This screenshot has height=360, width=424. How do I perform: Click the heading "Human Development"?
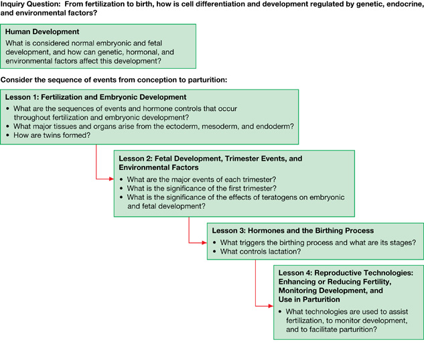42,31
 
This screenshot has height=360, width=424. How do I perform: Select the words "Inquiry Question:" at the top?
30,4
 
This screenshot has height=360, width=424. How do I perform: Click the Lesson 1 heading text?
96,97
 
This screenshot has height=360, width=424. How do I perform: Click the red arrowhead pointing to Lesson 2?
111,179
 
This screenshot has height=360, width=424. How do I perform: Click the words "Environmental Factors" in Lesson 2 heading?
159,167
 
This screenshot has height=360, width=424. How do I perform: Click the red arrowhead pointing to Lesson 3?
204,242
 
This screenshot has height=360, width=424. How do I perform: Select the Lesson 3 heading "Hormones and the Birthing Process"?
311,231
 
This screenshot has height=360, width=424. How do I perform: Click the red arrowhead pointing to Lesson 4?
271,306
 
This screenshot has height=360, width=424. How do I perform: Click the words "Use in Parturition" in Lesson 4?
309,300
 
